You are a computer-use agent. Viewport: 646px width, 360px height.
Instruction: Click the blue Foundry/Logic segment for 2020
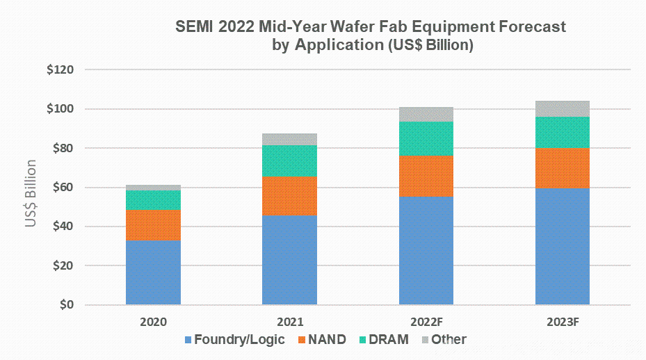153,272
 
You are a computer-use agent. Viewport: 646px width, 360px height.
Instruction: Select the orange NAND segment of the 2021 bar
289,195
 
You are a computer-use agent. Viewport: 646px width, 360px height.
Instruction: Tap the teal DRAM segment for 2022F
426,138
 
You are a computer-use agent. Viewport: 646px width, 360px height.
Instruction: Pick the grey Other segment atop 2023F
562,108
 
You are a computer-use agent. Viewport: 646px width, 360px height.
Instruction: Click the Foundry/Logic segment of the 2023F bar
562,247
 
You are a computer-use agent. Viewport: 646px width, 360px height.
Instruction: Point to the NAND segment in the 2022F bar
426,176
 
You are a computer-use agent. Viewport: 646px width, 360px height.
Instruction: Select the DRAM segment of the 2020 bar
153,200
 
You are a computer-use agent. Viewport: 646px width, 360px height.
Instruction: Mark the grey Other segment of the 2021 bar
289,139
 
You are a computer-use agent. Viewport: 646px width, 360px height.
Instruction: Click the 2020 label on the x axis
153,322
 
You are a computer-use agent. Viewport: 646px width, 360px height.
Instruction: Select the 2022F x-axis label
426,322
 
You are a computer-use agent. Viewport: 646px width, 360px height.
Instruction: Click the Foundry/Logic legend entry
234,340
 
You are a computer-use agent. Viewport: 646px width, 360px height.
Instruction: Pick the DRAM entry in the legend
385,340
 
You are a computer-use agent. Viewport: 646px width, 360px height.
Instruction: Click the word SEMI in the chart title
193,27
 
